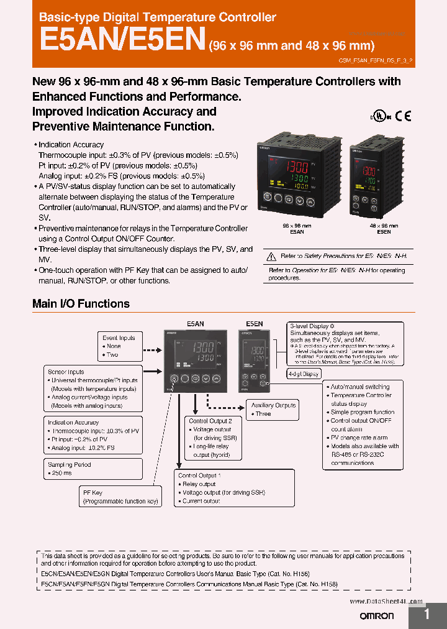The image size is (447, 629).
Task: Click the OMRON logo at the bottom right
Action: (x=377, y=615)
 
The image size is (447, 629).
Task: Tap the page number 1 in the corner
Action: (x=427, y=614)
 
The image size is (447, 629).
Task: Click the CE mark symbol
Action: (x=404, y=116)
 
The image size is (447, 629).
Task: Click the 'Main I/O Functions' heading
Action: (x=81, y=304)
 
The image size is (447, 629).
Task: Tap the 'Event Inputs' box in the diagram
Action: (x=119, y=338)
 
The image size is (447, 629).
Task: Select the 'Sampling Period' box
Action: (x=70, y=465)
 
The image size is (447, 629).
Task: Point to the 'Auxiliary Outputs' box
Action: (x=273, y=405)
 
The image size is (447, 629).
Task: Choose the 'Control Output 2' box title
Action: (x=210, y=421)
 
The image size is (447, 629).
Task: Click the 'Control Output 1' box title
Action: (x=199, y=475)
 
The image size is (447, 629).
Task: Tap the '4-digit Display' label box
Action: (x=304, y=374)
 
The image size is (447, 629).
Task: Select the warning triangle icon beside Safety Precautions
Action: (x=270, y=256)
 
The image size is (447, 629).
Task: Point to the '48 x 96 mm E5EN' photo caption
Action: (x=383, y=229)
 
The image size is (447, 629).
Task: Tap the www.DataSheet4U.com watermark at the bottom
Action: (x=386, y=602)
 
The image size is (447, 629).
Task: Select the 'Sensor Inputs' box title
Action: (x=66, y=372)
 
